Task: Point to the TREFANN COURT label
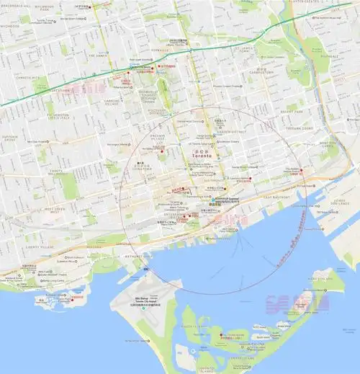pos(297,128)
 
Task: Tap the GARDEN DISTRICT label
pos(231,133)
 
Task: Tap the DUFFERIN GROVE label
pos(10,138)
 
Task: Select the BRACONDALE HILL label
pos(15,5)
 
